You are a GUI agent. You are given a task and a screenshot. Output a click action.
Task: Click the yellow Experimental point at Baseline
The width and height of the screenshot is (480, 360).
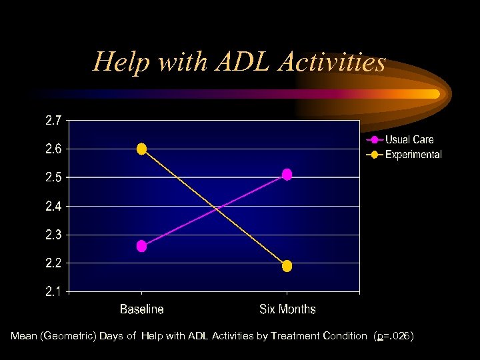pos(141,149)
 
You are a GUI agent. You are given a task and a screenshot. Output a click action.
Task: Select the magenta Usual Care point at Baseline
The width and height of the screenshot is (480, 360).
pos(141,246)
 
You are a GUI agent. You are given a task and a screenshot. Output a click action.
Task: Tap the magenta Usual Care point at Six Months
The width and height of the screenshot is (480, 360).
pos(287,175)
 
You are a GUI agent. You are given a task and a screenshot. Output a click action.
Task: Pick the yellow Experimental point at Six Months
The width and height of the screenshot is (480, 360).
pos(287,266)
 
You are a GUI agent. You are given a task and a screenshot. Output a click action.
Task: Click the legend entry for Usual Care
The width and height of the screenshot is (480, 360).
pos(409,140)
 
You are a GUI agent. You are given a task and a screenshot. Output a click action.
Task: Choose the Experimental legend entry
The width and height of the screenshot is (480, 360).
pos(413,155)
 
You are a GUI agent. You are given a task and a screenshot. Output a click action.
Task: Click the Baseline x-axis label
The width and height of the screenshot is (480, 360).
pos(141,309)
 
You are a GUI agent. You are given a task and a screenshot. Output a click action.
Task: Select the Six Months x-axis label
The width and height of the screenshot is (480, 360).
pos(287,309)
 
